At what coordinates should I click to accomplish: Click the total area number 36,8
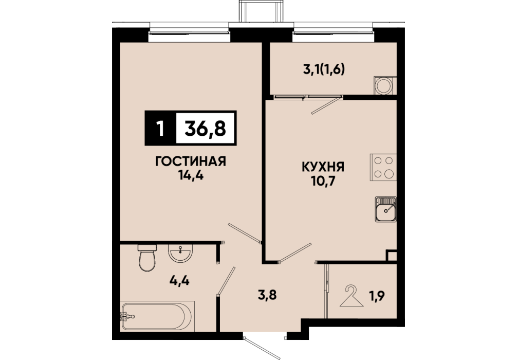(206, 129)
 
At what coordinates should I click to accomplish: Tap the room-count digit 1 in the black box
(160, 129)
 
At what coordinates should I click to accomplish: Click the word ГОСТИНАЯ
(190, 161)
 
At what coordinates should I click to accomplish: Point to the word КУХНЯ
(323, 167)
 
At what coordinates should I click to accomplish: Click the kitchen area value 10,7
(323, 181)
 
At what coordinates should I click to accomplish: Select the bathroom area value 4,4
(180, 281)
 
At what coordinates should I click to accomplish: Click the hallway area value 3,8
(267, 295)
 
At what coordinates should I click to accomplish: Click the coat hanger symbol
(352, 296)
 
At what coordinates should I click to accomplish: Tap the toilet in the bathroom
(147, 257)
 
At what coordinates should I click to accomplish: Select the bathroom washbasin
(180, 253)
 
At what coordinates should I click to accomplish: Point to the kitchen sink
(385, 209)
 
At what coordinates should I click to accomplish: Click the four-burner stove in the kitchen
(383, 167)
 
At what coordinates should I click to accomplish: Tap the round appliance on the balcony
(384, 85)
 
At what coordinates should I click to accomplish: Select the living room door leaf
(245, 233)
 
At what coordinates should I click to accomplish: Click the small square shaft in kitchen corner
(392, 256)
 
